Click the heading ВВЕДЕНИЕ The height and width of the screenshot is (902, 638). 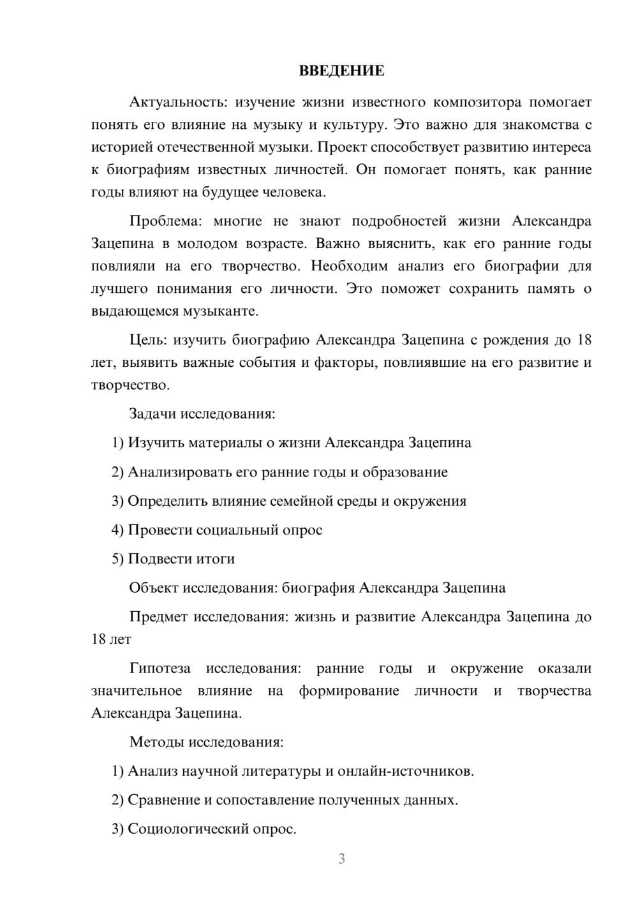pos(341,71)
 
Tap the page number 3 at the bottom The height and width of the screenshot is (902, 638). pos(341,859)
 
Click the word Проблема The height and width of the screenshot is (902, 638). pos(165,221)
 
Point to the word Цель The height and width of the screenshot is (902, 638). pos(147,340)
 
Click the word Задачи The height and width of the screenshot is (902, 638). pos(152,413)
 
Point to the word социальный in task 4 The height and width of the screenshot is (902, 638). pos(236,530)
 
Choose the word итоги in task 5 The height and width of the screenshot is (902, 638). pos(217,559)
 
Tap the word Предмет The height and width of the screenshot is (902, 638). pos(159,617)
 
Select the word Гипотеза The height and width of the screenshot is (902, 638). pos(160,669)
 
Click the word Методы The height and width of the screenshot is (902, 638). pos(153,742)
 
